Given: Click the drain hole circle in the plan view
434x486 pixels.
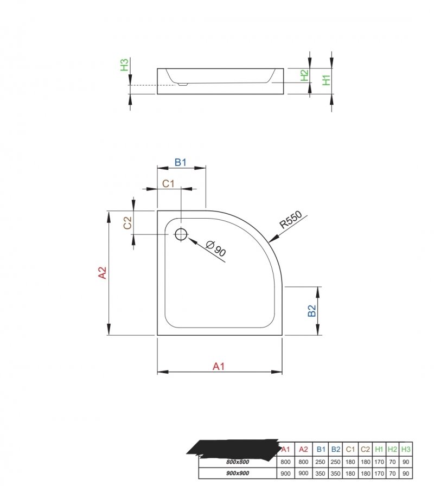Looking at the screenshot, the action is [x=181, y=234].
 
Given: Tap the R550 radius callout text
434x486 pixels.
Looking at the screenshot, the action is [x=290, y=220].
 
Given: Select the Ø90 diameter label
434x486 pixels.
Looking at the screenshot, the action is [x=216, y=248].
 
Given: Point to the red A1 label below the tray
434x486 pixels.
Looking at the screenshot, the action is [x=219, y=366].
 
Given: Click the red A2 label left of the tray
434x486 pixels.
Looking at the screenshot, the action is [x=103, y=273].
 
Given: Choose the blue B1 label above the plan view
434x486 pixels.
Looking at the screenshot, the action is [x=181, y=162].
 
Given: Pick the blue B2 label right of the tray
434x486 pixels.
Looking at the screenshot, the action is [x=311, y=311].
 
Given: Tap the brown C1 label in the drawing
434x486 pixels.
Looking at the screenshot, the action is [x=168, y=183].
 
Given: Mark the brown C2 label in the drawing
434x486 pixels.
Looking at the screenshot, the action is [x=127, y=222].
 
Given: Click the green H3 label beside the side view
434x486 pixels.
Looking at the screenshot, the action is [x=124, y=65].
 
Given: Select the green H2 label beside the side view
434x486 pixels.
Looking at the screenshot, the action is [x=304, y=75].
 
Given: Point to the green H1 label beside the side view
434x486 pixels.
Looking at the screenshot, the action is [x=326, y=80].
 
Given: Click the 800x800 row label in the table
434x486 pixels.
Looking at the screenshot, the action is [x=238, y=462].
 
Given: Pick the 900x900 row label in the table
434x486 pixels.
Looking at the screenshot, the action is [x=238, y=474].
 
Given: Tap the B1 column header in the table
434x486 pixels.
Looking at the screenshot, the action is [x=321, y=449].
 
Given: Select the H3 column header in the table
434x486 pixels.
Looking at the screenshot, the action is [x=405, y=449].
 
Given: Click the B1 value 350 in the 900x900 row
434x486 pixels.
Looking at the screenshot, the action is [x=320, y=474].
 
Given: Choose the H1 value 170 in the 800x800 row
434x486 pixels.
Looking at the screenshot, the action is [x=379, y=462].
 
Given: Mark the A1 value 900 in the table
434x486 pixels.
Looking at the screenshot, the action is [x=285, y=474].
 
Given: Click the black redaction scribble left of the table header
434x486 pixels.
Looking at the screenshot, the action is [x=233, y=449].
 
